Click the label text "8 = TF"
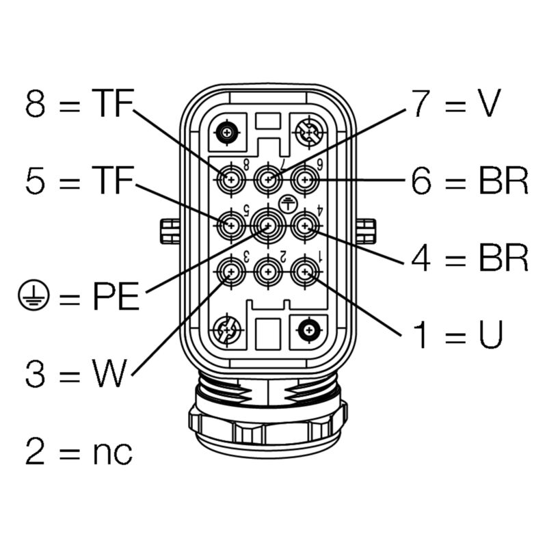pos(78,103)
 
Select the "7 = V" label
pos(456,103)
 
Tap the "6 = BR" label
pos(470,181)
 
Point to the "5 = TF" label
pos(78,181)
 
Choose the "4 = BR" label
pos(470,258)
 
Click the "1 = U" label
pos(457,335)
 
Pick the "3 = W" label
pos(77,373)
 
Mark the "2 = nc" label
pos(79,451)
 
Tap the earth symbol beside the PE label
pos(31,296)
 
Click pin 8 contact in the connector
pos(231,181)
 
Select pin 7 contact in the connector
pos(268,181)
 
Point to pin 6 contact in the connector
pos(305,181)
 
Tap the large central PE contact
pos(267,224)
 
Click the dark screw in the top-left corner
pos(226,132)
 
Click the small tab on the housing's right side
pos(366,231)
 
